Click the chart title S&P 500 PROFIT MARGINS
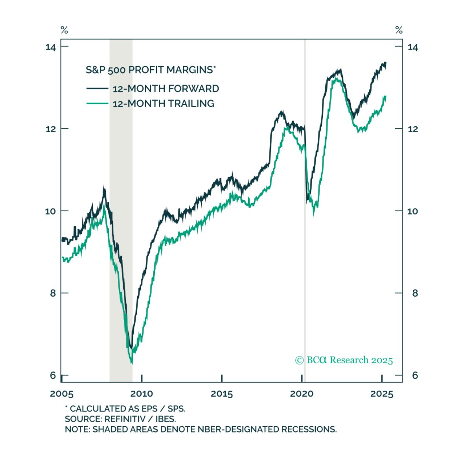[151, 70]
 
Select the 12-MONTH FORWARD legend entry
[166, 89]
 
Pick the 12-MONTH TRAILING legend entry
[163, 104]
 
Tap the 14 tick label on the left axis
[51, 47]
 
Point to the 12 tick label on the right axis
[412, 129]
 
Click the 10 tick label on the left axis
[51, 211]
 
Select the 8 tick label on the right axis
[414, 293]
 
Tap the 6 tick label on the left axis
[53, 375]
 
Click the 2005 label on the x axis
[62, 394]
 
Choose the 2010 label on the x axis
[142, 394]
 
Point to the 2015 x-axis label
[222, 394]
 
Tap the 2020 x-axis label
[302, 394]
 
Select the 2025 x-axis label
[382, 394]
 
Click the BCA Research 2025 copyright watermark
[344, 360]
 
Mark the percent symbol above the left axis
[64, 30]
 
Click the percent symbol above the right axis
[399, 30]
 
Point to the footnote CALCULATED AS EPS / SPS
[125, 409]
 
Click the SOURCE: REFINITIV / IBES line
[120, 419]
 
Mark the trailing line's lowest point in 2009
[132, 362]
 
